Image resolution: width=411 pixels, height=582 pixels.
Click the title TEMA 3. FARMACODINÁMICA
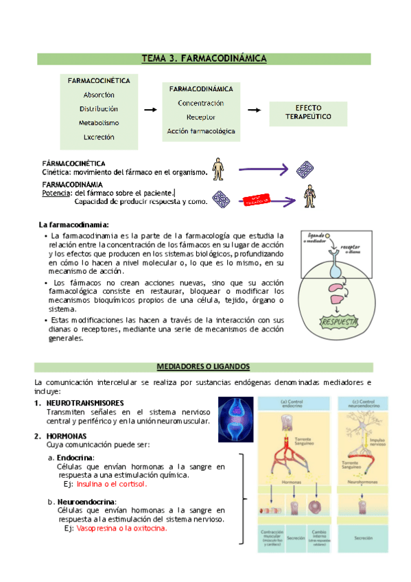[204, 59]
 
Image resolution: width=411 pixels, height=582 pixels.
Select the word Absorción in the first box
[99, 95]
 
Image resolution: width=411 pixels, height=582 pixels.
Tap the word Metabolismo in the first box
[99, 123]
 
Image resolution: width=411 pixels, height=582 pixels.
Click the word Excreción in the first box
[99, 137]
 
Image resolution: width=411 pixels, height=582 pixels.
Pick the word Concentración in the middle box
[200, 103]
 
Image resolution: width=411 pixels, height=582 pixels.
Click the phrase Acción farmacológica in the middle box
[200, 130]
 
